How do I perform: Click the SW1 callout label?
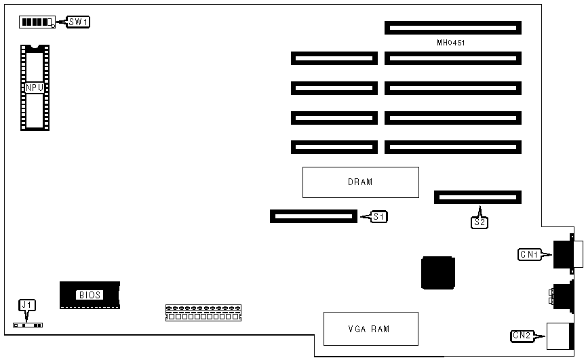79,22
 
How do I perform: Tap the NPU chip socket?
35,87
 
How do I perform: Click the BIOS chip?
90,294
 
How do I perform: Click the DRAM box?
360,182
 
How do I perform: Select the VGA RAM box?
370,329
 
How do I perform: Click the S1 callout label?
379,217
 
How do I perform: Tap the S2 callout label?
480,221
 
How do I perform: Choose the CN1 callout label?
528,255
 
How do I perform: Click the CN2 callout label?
521,334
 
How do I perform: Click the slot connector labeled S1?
313,216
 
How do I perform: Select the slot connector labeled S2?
478,197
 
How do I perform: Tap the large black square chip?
437,273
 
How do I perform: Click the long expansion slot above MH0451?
452,28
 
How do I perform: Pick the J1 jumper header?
28,325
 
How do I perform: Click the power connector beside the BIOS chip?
203,313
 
